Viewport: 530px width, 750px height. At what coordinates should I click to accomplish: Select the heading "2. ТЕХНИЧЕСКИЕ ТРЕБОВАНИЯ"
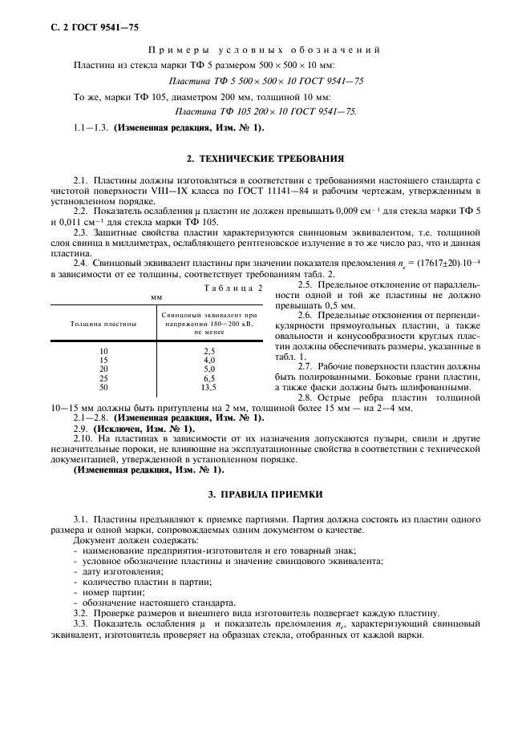point(265,158)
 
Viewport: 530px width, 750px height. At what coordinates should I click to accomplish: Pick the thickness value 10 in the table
point(103,351)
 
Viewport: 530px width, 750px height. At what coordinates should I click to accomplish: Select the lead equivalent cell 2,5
point(208,351)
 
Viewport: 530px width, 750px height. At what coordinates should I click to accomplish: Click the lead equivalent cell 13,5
point(208,386)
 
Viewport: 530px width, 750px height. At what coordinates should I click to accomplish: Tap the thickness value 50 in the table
point(103,386)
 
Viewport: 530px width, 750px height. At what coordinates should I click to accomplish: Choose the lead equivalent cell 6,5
point(208,377)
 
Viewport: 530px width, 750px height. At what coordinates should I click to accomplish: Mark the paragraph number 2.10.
point(83,439)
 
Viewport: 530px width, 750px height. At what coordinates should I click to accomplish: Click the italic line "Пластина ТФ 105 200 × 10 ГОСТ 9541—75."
point(265,111)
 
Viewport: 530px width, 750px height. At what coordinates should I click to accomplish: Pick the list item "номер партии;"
point(111,591)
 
